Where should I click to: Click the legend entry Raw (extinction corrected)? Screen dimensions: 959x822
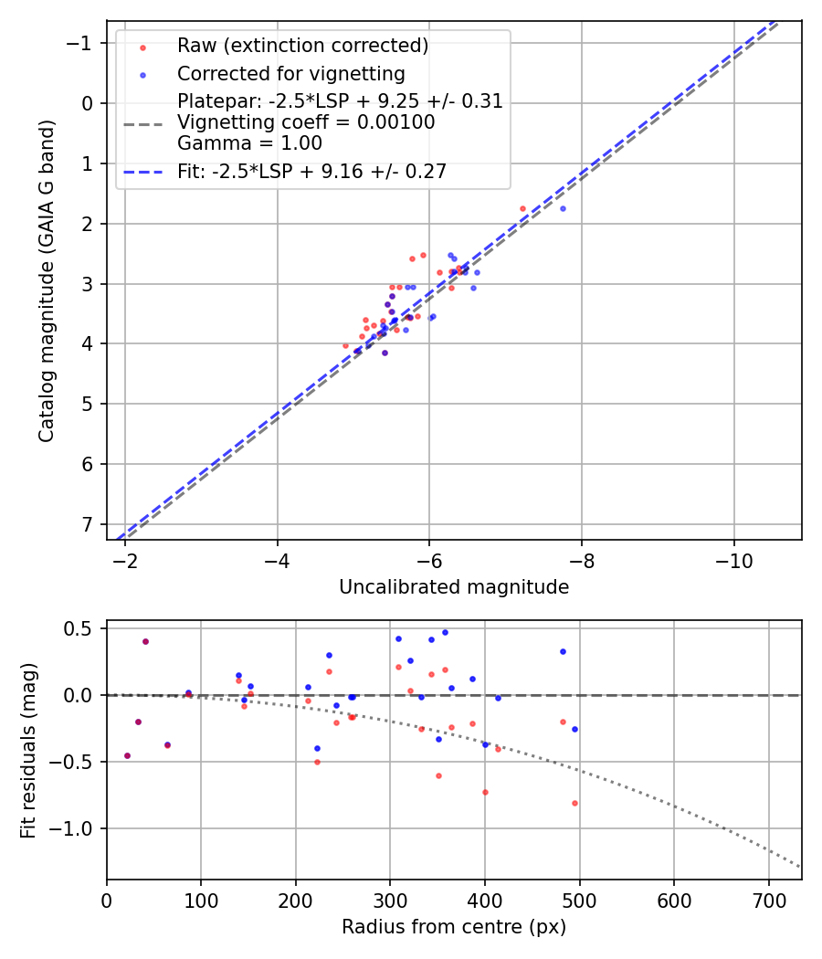pos(302,46)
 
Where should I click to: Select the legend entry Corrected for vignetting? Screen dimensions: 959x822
pos(290,73)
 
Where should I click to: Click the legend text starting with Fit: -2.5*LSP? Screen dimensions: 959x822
pos(311,172)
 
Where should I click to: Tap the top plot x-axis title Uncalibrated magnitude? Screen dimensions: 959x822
pos(454,587)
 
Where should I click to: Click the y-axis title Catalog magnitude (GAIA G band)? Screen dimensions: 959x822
pos(47,280)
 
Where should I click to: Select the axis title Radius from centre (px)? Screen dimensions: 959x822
pos(454,927)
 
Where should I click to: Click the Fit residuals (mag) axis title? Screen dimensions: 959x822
pos(29,750)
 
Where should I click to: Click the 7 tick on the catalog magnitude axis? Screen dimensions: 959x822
pos(89,524)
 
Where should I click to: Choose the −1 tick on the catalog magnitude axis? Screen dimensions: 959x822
pos(83,43)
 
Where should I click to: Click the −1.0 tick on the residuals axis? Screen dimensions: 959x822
pos(77,828)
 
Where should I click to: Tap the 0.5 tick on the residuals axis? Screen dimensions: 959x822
pos(83,628)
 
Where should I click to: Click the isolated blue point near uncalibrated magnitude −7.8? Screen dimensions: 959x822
pos(563,208)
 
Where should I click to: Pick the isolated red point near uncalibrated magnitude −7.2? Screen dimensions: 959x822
pos(522,208)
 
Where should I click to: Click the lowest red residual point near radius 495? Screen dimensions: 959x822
pos(574,803)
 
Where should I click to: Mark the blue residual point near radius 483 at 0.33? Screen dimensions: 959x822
pos(563,651)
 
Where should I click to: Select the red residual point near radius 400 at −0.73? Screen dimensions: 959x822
pos(485,792)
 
